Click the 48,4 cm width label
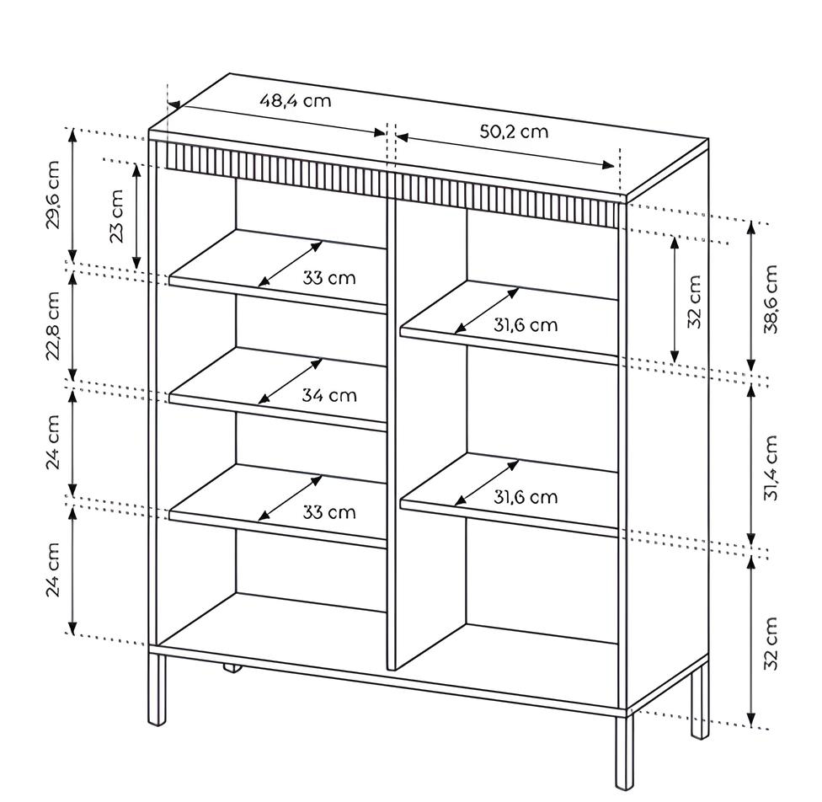tap(295, 101)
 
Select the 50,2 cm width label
tap(514, 131)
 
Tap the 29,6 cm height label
tap(54, 195)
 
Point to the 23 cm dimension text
tap(116, 216)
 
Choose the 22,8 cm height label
tap(54, 326)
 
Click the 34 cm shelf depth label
tap(329, 395)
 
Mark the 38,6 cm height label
tap(771, 299)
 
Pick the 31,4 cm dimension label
tap(771, 468)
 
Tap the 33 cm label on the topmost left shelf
tap(329, 278)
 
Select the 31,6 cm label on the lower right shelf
tap(526, 497)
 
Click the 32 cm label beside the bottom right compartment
tap(771, 644)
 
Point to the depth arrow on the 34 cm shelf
tap(290, 382)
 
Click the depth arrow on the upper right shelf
tap(487, 310)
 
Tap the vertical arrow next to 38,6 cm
tap(750, 299)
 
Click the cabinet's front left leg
tap(157, 689)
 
